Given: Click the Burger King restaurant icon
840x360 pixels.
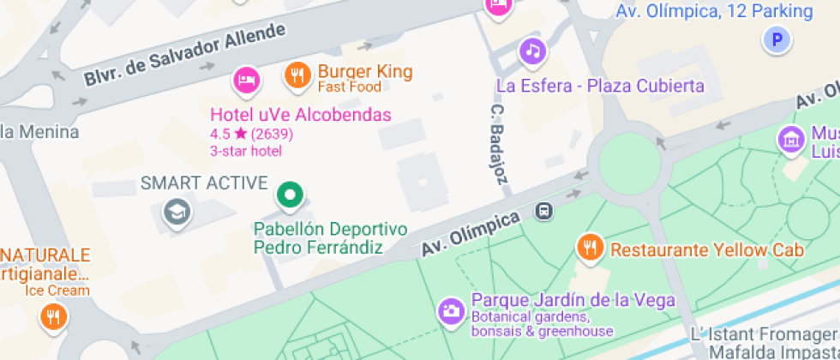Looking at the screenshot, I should pos(297,76).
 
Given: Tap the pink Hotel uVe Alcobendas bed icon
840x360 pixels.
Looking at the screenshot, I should pos(246,81).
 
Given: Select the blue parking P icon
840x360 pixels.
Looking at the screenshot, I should pos(777,39).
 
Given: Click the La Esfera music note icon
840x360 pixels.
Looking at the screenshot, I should pos(532,51).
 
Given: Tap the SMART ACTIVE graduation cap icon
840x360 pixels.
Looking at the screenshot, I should pos(178,212).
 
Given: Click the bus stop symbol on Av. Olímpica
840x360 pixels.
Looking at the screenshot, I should pos(543,210).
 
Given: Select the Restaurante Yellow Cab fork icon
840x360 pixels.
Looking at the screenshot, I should pos(589,247).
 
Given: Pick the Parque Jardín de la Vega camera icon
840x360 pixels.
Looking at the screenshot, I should pos(451,311).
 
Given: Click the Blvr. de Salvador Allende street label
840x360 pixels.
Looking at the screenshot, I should pos(184,54).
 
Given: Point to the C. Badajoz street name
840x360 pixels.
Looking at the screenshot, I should pos(499,146).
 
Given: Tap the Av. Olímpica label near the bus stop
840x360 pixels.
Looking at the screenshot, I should pos(471,233).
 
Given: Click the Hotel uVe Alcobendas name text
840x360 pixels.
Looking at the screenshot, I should pos(301,115).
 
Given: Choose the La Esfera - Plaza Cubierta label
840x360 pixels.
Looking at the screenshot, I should pos(600,86).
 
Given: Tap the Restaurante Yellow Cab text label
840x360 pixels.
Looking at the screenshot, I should pos(706,250).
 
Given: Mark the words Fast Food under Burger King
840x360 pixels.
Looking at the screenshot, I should pos(350,87).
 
